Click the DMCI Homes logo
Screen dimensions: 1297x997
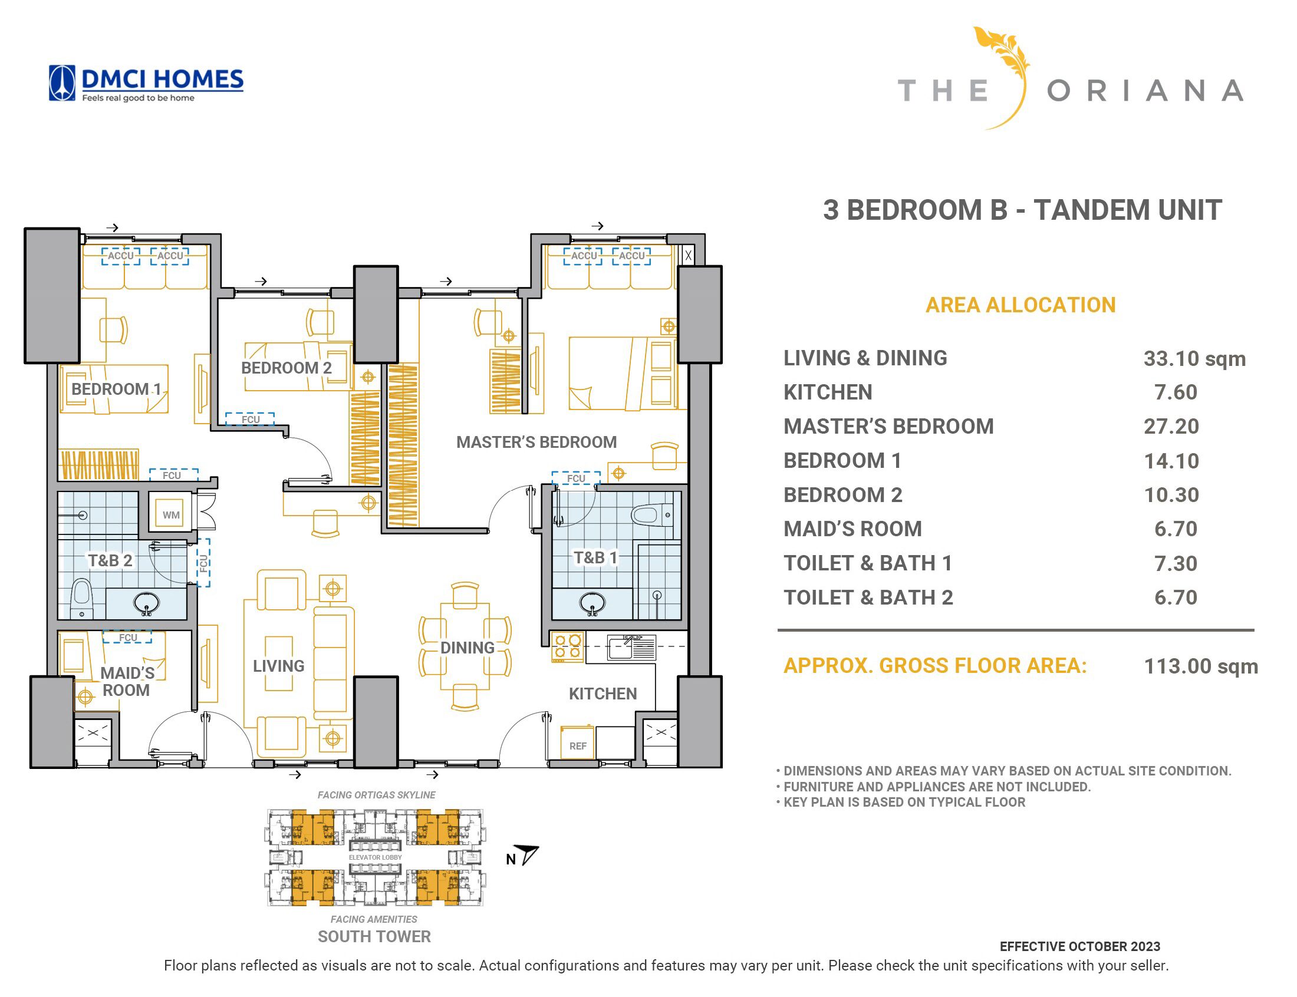pyautogui.click(x=146, y=83)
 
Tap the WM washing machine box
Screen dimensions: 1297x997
pyautogui.click(x=171, y=514)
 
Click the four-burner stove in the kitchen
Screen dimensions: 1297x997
pyautogui.click(x=567, y=647)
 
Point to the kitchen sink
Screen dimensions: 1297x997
pyautogui.click(x=631, y=648)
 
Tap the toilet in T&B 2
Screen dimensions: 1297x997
pyautogui.click(x=82, y=598)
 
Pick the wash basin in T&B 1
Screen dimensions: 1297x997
pyautogui.click(x=592, y=603)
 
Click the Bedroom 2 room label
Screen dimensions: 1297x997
pyautogui.click(x=286, y=368)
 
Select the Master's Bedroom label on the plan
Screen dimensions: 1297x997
pyautogui.click(x=536, y=442)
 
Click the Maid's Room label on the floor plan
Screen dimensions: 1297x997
pyautogui.click(x=127, y=681)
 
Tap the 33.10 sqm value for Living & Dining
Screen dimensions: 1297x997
pyautogui.click(x=1194, y=358)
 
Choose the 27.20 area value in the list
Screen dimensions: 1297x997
pyautogui.click(x=1171, y=426)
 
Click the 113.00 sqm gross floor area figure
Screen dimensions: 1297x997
pyautogui.click(x=1200, y=666)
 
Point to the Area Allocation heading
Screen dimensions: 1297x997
pyautogui.click(x=1021, y=305)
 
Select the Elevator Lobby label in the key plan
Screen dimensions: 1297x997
pyautogui.click(x=375, y=857)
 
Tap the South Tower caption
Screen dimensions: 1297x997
pyautogui.click(x=374, y=936)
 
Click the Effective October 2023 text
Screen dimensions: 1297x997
pyautogui.click(x=1079, y=946)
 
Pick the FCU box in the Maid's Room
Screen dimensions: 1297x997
pyautogui.click(x=127, y=638)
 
